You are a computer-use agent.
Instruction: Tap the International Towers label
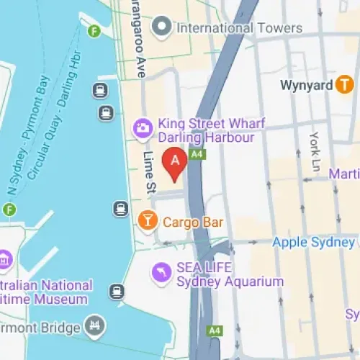click(x=239, y=28)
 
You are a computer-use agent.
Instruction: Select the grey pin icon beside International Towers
click(x=163, y=28)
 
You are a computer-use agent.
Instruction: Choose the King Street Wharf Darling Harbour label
click(x=206, y=130)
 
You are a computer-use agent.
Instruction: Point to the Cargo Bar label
click(x=192, y=222)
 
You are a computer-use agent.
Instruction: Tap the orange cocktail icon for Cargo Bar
click(x=147, y=222)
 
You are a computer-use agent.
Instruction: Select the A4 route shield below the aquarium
click(x=214, y=330)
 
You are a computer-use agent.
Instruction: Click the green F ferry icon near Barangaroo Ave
click(x=93, y=31)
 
